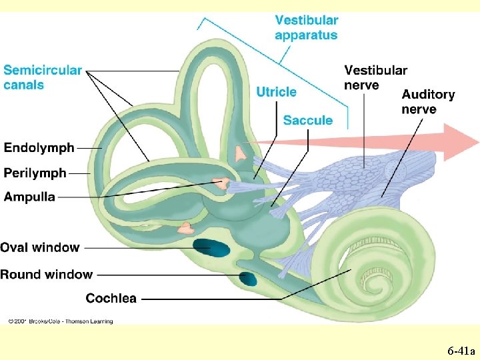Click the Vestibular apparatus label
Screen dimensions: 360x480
(306, 28)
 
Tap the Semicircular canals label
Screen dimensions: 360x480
(43, 77)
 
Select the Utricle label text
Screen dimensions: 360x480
(276, 92)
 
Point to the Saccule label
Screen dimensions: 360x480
(307, 121)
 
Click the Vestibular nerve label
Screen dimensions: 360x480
(375, 77)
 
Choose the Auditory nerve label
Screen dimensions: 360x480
(428, 102)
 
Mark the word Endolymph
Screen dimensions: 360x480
(39, 147)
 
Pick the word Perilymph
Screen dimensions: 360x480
(35, 173)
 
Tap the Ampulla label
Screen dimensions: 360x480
(29, 197)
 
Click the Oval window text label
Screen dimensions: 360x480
(40, 247)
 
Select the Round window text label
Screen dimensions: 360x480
(46, 274)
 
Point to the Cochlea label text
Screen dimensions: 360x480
(111, 298)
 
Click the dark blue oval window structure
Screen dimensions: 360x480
(212, 249)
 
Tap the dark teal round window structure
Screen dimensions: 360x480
(247, 277)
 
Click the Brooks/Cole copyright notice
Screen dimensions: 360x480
(60, 321)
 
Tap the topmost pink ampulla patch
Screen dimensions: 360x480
(240, 154)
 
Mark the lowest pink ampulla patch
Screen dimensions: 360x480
(185, 228)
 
